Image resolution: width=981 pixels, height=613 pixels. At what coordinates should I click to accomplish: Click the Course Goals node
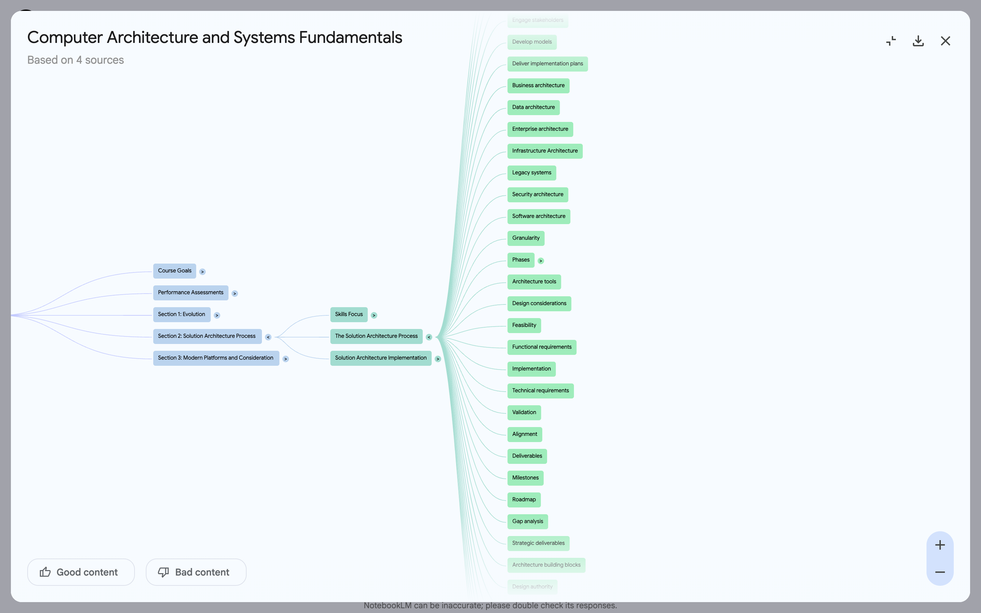[174, 271]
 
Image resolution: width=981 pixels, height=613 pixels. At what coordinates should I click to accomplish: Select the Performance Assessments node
[190, 293]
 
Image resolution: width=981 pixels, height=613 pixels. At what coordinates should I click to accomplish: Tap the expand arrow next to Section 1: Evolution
[217, 315]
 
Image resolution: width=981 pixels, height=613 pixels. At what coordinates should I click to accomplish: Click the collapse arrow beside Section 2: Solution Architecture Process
[268, 337]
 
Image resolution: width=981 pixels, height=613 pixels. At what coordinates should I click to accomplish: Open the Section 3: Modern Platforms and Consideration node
[216, 358]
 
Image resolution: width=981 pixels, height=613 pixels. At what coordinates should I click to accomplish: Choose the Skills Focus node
[348, 315]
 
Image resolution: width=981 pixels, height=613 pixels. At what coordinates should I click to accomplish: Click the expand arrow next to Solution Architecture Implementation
[438, 359]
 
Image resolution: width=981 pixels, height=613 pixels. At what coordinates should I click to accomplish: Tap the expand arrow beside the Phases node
[541, 261]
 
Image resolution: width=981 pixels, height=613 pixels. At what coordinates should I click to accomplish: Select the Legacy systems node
[531, 173]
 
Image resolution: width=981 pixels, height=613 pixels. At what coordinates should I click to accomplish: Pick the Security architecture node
[538, 194]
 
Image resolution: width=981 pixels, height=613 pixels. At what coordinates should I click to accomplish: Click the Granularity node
[526, 238]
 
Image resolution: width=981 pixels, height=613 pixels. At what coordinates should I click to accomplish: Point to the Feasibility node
[524, 326]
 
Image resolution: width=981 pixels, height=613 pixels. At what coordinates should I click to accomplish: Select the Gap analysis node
[527, 522]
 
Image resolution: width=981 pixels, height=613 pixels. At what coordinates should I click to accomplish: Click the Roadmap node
[524, 500]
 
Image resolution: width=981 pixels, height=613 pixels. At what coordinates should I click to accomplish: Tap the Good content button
[81, 572]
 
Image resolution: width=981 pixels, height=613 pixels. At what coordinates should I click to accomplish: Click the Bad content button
[196, 572]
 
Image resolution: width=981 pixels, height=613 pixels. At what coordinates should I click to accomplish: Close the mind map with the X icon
[945, 41]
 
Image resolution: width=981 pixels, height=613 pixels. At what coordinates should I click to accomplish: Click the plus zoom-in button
[940, 545]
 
